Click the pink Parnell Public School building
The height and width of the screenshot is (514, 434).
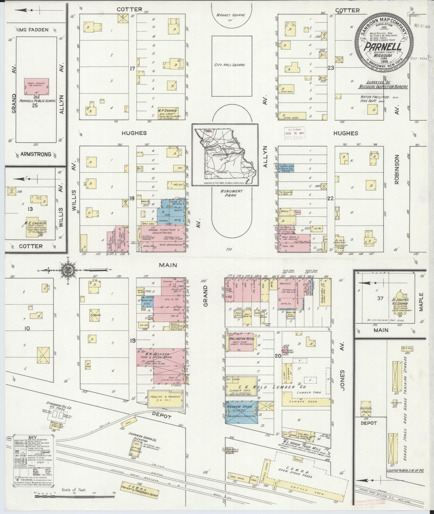37,87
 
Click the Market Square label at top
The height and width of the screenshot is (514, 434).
231,15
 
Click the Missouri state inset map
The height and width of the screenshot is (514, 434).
225,155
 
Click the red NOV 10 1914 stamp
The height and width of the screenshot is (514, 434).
295,133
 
